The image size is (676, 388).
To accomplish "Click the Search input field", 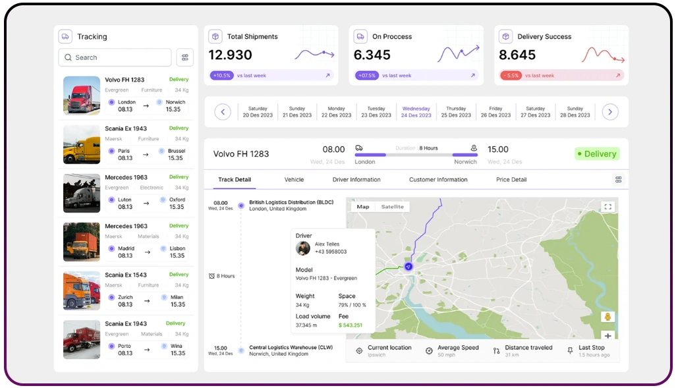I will pyautogui.click(x=115, y=57).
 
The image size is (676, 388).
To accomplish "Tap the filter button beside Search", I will pyautogui.click(x=185, y=57).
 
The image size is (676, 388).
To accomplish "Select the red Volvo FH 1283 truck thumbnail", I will pyautogui.click(x=82, y=96).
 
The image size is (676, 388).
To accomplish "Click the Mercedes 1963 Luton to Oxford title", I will pyautogui.click(x=123, y=177).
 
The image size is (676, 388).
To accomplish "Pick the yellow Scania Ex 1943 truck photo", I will pyautogui.click(x=82, y=144).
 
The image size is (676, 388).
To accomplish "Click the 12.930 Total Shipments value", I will pyautogui.click(x=231, y=55).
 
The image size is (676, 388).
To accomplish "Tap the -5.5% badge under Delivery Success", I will pyautogui.click(x=511, y=76).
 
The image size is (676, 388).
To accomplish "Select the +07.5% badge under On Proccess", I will pyautogui.click(x=366, y=76).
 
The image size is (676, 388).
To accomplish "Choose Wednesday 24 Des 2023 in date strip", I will pyautogui.click(x=416, y=112).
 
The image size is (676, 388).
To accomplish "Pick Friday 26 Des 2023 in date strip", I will pyautogui.click(x=495, y=112).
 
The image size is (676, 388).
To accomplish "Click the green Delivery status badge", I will pyautogui.click(x=597, y=154).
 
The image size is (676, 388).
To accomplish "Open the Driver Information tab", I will pyautogui.click(x=356, y=180).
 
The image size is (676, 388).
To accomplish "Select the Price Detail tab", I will pyautogui.click(x=511, y=180).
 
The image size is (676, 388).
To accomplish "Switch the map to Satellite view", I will pyautogui.click(x=393, y=207).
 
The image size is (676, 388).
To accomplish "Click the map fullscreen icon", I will pyautogui.click(x=607, y=207).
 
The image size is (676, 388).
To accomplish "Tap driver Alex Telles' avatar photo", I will pyautogui.click(x=303, y=248).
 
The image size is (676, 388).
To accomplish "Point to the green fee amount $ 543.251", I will pyautogui.click(x=351, y=325).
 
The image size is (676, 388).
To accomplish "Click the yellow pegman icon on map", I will pyautogui.click(x=607, y=317).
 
